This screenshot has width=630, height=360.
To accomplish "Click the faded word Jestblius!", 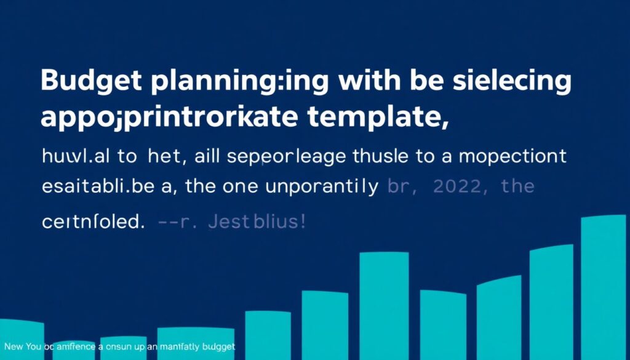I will point(256,222).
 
